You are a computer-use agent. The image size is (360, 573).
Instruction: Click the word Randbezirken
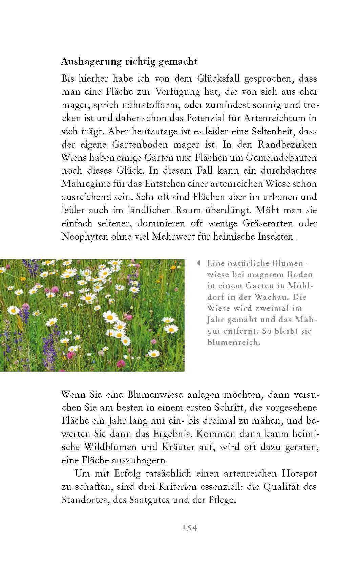pyautogui.click(x=287, y=145)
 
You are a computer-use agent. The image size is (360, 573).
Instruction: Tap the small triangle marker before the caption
pyautogui.click(x=199, y=263)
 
